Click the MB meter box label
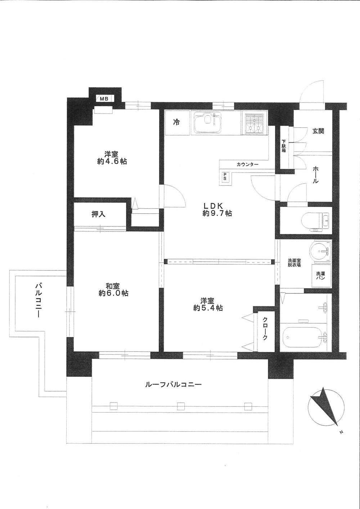coord(104,98)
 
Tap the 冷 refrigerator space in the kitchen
coord(176,123)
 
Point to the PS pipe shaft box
coord(225,177)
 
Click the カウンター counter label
coord(247,165)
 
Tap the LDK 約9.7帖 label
coord(217,210)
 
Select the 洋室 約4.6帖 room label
coord(112,158)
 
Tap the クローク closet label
coord(265,328)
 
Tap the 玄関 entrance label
coord(318,131)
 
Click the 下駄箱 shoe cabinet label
coord(284,145)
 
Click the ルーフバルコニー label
coord(173,384)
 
